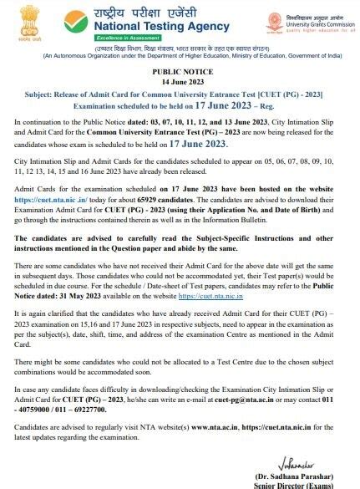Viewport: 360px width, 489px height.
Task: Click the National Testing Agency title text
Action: pos(160,26)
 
